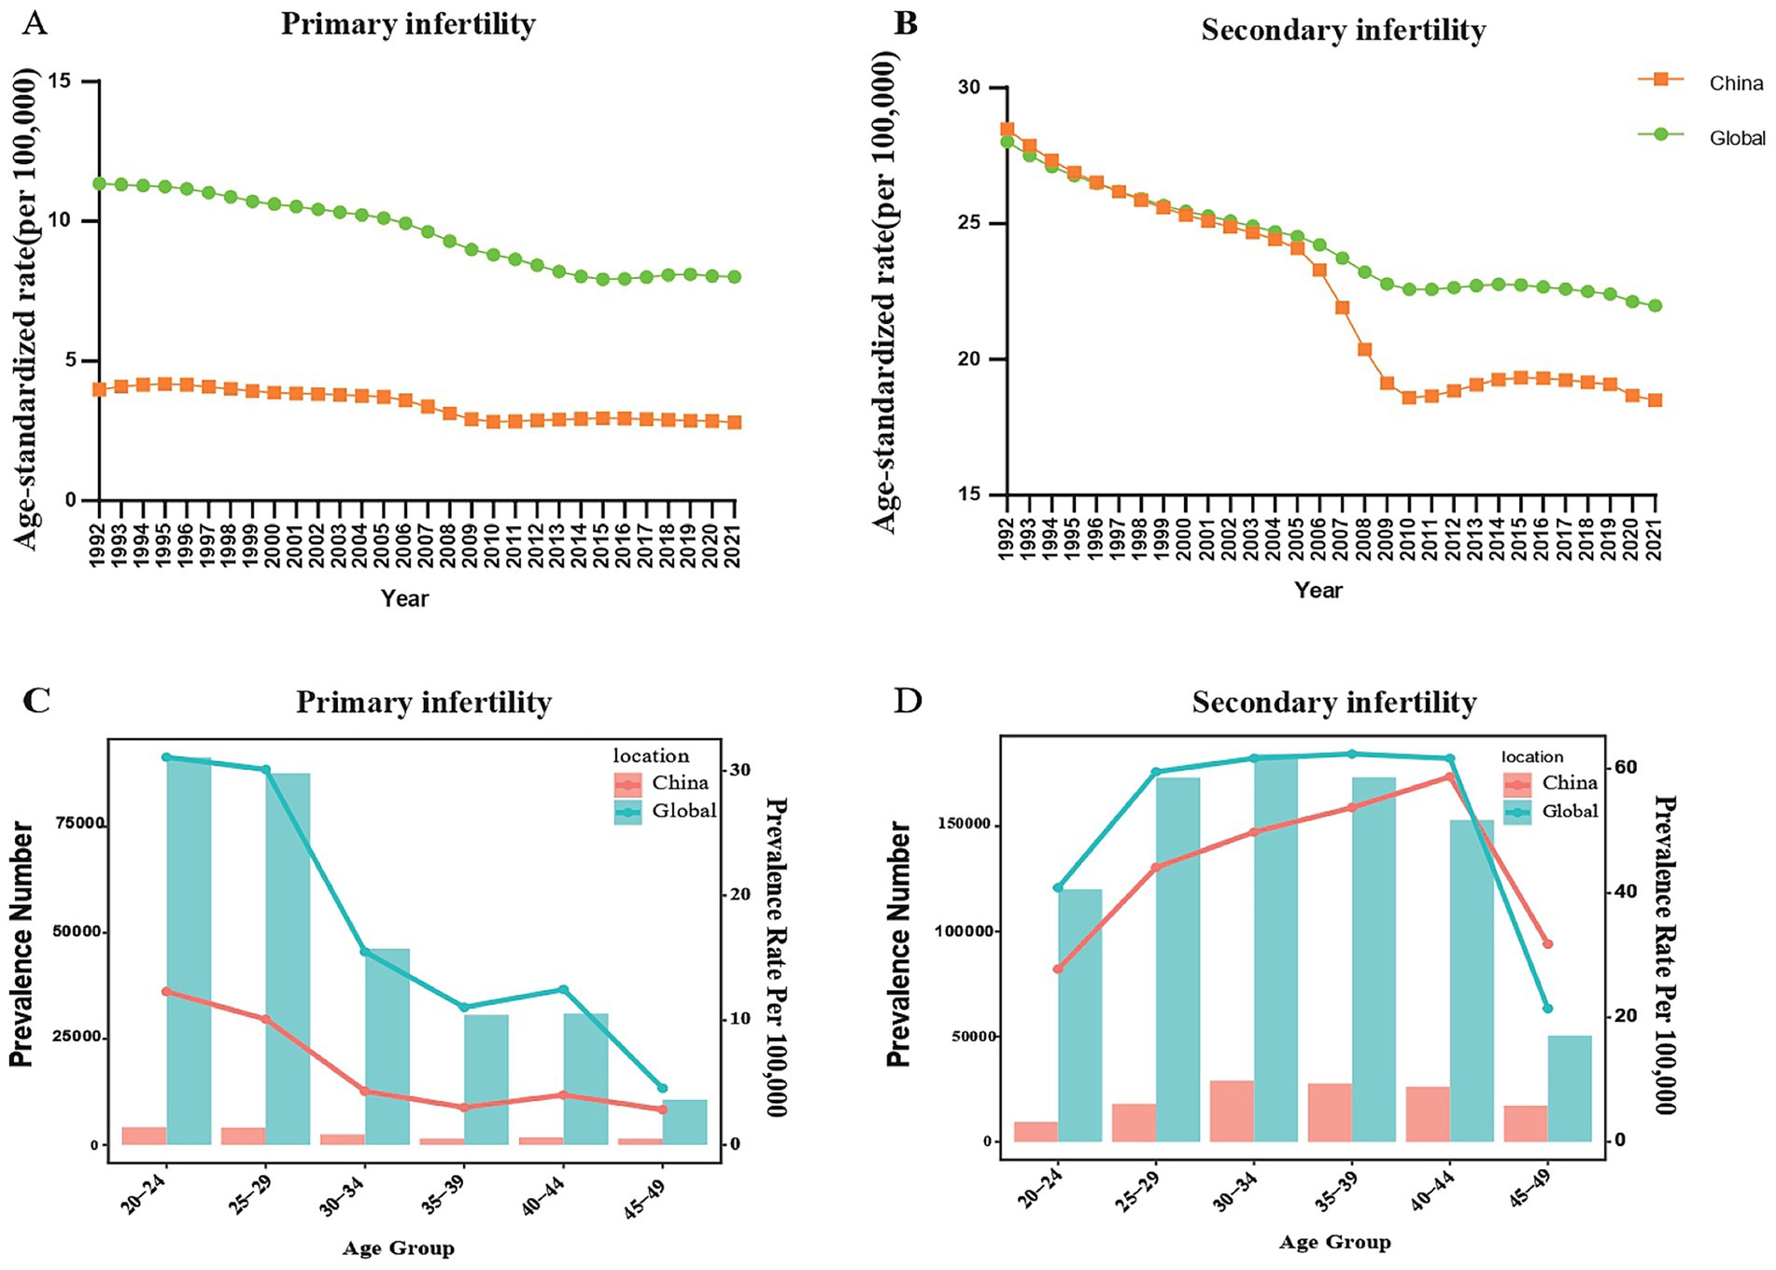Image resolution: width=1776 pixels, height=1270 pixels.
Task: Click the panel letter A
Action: [x=35, y=22]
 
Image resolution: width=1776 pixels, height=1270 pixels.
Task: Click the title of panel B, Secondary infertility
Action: [x=1343, y=31]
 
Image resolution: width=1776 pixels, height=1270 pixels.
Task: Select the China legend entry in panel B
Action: [x=1735, y=83]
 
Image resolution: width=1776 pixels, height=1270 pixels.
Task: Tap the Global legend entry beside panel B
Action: [x=1737, y=138]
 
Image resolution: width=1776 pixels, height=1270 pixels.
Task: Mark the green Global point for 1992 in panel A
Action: [x=99, y=183]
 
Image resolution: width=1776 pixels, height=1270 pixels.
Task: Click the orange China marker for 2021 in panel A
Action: [x=736, y=422]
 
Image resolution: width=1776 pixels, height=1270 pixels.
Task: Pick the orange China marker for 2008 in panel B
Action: [x=1364, y=349]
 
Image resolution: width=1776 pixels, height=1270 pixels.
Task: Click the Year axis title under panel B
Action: [x=1318, y=590]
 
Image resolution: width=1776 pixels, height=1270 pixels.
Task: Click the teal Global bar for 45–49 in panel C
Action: [x=685, y=1122]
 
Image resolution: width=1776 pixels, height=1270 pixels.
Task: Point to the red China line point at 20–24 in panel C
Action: [x=166, y=991]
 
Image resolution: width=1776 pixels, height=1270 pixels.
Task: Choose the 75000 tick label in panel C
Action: [x=79, y=823]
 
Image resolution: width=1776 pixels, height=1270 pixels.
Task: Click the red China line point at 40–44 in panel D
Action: [x=1449, y=776]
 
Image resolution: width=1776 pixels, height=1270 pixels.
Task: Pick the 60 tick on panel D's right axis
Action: [x=1626, y=767]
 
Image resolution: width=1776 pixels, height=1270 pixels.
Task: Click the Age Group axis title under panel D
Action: [x=1334, y=1242]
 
